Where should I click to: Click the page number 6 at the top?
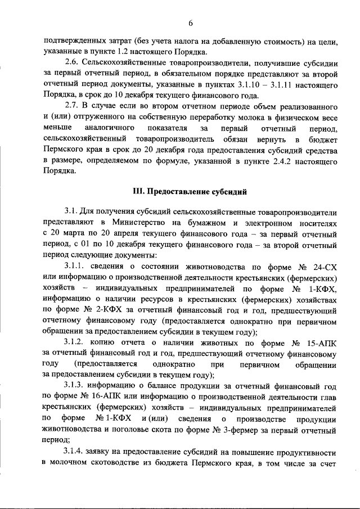(191, 22)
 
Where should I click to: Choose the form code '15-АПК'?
(322, 343)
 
